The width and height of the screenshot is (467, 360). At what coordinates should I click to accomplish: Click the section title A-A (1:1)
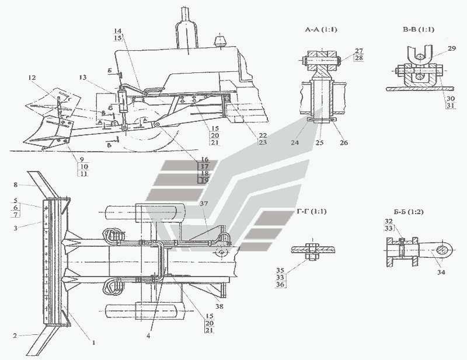320,30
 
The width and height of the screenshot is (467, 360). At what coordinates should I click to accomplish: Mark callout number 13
85,78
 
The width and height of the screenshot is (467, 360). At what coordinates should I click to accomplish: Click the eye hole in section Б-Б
445,252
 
